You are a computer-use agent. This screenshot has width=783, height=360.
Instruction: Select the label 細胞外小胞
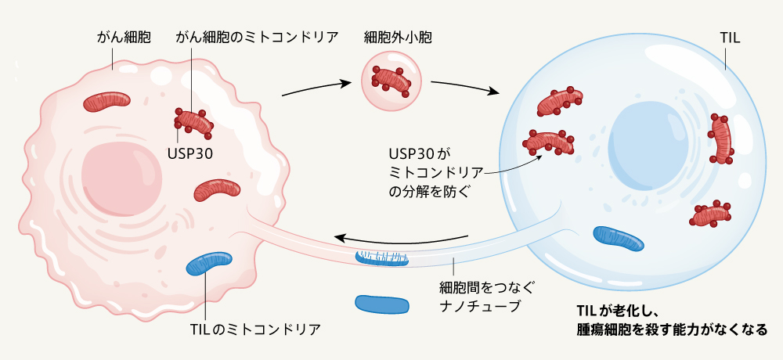click(x=398, y=37)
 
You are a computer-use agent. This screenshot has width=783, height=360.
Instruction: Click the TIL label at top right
click(x=729, y=37)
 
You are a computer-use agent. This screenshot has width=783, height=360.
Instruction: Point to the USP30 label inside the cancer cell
click(x=190, y=150)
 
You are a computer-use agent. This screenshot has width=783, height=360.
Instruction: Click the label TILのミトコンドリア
click(x=255, y=328)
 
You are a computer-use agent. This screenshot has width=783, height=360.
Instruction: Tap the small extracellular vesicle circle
click(x=391, y=79)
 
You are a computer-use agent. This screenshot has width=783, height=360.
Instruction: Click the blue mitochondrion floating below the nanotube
click(x=381, y=304)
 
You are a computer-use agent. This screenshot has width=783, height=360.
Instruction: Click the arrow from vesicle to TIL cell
click(x=464, y=86)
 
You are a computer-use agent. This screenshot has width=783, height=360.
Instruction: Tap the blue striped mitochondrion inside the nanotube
click(x=381, y=257)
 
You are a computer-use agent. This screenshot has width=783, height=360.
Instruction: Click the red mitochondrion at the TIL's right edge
click(x=721, y=139)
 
